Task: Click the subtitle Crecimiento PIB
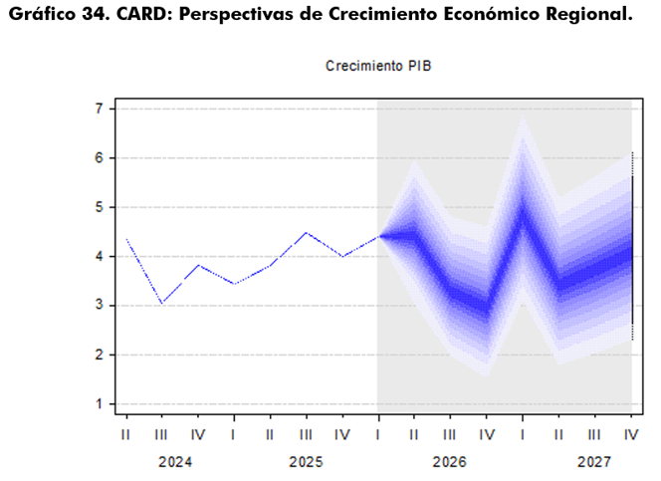coord(378,66)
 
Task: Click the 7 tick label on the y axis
coord(100,109)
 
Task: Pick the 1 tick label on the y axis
coord(100,404)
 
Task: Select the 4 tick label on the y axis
coord(100,256)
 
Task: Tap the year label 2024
coord(175,462)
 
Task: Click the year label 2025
coord(306,462)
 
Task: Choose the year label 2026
coord(449,462)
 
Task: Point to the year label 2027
coord(594,462)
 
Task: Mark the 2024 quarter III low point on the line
coord(162,303)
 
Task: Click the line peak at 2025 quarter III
coord(307,232)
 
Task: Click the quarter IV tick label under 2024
coord(198,434)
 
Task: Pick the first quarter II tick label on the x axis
coord(125,434)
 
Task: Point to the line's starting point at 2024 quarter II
coord(126,239)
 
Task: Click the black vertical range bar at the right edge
coord(632,246)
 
